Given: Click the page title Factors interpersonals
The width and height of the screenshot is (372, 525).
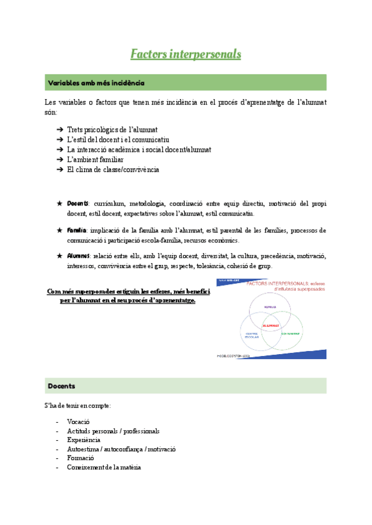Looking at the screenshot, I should pyautogui.click(x=185, y=54).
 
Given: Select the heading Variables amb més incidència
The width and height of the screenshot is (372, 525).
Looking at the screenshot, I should pyautogui.click(x=97, y=82).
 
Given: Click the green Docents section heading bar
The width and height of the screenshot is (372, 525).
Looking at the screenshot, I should pyautogui.click(x=62, y=386).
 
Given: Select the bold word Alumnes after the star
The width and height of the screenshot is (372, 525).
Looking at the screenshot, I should pyautogui.click(x=78, y=256).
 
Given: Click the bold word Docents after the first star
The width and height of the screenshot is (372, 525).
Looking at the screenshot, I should pyautogui.click(x=77, y=204).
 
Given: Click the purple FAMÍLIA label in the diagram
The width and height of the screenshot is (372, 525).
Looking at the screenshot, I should pyautogui.click(x=270, y=306).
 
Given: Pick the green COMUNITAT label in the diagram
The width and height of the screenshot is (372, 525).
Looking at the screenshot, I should pyautogui.click(x=290, y=333).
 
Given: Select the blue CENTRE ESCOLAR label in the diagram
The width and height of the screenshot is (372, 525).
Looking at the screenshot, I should pyautogui.click(x=251, y=335).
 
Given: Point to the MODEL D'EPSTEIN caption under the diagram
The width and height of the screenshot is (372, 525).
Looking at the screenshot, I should pyautogui.click(x=233, y=356).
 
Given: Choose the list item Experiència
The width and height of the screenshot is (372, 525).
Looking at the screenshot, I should pyautogui.click(x=84, y=440).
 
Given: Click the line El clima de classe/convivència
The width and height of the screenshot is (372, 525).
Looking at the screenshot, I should pyautogui.click(x=113, y=169).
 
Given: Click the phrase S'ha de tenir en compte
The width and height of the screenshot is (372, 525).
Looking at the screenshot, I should pyautogui.click(x=77, y=406).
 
